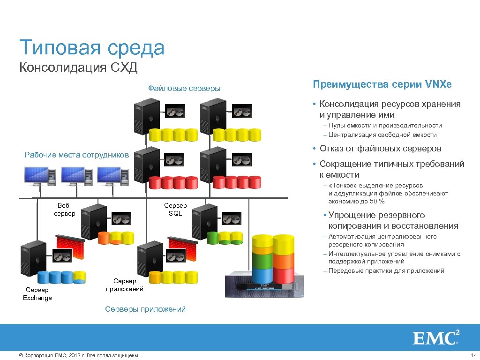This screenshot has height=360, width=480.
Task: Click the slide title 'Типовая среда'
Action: pos(92,48)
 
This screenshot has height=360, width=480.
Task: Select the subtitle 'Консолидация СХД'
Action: pos(78,68)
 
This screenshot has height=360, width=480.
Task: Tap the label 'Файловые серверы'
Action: pos(184,88)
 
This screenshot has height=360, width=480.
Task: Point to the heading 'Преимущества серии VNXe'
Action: pos(382,84)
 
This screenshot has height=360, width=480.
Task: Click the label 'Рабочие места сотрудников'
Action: pos(76,155)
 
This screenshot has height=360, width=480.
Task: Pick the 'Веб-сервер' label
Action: pos(64,210)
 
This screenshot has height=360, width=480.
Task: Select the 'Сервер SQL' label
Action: pos(175,210)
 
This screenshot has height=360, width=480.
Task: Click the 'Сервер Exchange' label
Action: pos(37,294)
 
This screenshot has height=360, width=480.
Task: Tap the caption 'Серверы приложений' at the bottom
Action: pos(145,309)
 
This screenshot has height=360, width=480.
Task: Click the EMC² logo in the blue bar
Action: pos(436,337)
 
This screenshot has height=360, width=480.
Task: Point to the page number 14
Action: pos(473,356)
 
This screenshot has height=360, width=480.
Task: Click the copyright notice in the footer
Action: pos(79,356)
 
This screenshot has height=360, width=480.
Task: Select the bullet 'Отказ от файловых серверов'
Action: pos(380,149)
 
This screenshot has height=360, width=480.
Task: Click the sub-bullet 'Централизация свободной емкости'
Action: pos(382,135)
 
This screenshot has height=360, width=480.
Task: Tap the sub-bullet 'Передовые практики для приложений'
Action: pos(386,270)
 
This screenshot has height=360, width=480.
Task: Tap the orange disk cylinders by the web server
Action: pos(115,238)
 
